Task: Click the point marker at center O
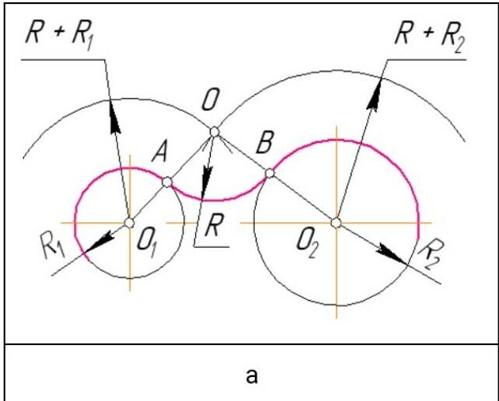coord(215,131)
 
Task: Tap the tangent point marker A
coord(167,183)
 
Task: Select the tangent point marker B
coord(270,173)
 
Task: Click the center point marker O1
coord(129,223)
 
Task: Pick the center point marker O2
coord(336,223)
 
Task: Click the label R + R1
coord(60,35)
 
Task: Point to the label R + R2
coord(430,37)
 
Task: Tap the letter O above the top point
coord(210,100)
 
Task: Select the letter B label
coord(264,143)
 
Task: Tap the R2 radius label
coord(431,254)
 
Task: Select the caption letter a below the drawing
coord(252,376)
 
